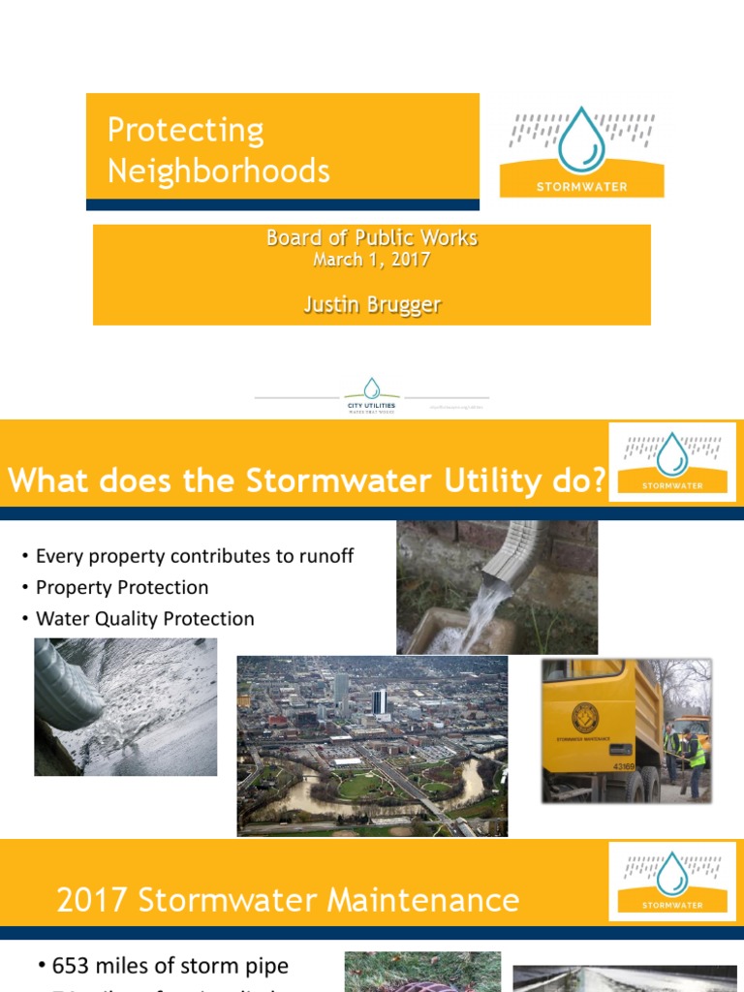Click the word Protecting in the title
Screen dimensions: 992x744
coord(185,130)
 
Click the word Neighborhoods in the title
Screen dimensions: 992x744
coord(218,171)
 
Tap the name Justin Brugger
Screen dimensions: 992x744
coord(372,304)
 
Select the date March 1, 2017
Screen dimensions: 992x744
coord(372,260)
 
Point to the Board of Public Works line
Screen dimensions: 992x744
coord(372,237)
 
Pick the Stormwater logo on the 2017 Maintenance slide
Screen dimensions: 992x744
coord(672,881)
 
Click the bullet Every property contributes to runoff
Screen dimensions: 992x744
coord(194,556)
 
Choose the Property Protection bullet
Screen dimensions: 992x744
coord(121,587)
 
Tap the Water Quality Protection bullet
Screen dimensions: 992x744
coord(144,618)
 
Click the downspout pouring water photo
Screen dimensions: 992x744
coord(497,587)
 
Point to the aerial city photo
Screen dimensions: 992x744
coord(372,745)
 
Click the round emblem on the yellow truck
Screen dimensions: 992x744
coord(585,717)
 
